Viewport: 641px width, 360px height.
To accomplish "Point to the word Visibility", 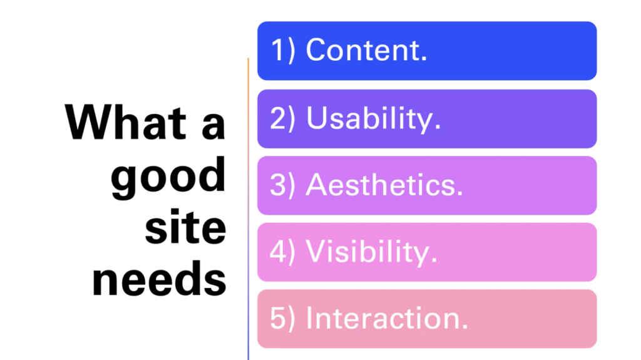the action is pyautogui.click(x=368, y=252).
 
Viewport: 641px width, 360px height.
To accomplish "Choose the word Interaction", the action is pyautogui.click(x=384, y=318).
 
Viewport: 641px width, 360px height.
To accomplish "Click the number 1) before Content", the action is pyautogui.click(x=283, y=50).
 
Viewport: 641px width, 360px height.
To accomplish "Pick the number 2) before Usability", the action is pyautogui.click(x=282, y=118).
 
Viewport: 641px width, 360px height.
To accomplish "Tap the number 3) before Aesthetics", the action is pyautogui.click(x=282, y=185).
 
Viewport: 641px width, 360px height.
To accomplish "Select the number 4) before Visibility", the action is pyautogui.click(x=282, y=251).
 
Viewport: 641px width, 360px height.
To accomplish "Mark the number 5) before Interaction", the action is pyautogui.click(x=282, y=318).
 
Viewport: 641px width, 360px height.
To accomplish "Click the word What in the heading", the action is pyautogui.click(x=125, y=122).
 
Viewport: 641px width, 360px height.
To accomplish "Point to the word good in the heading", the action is pyautogui.click(x=168, y=177).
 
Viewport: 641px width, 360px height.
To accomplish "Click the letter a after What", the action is pyautogui.click(x=213, y=126).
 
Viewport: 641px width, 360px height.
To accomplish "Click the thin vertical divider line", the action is pyautogui.click(x=248, y=209).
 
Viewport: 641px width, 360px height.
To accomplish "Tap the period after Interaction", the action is pyautogui.click(x=464, y=327).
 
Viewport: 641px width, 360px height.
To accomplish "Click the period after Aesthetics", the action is pyautogui.click(x=460, y=194).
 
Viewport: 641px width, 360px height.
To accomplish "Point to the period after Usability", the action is pyautogui.click(x=438, y=127).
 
